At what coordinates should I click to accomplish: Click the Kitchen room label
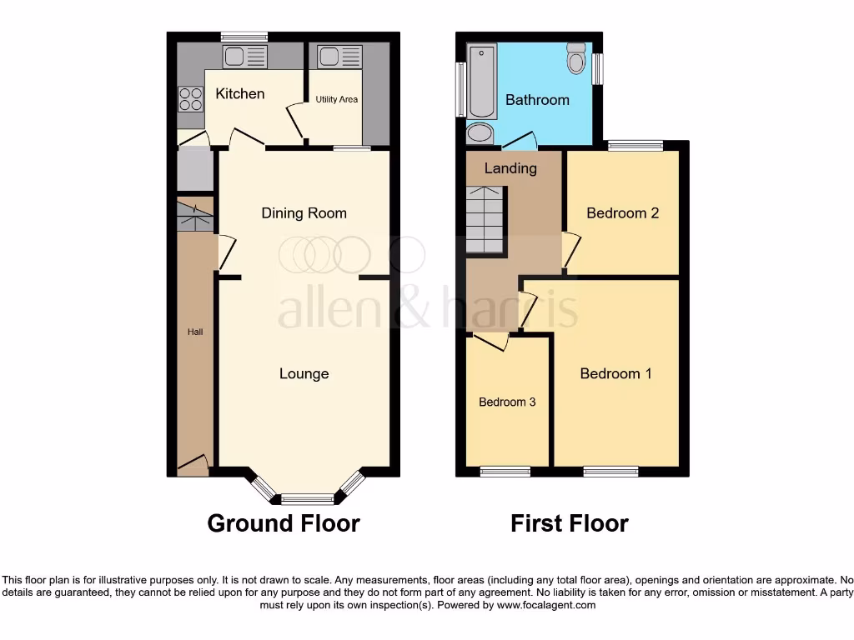tap(240, 93)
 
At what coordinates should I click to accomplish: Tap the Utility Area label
tap(337, 100)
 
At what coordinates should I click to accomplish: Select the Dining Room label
tap(304, 213)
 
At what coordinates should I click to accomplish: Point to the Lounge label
tap(304, 374)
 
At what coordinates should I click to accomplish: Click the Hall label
tap(195, 332)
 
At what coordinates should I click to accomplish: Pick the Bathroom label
tap(537, 100)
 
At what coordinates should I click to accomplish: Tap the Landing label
tap(510, 168)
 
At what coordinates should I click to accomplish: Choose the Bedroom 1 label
tap(615, 373)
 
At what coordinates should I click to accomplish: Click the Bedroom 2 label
tap(622, 213)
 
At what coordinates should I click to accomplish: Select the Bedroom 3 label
tap(507, 402)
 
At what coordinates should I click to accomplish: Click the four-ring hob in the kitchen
tap(190, 99)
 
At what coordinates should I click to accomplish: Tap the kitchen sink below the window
tap(244, 57)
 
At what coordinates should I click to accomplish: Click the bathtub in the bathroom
tap(482, 82)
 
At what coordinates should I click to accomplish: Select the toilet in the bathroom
tap(576, 57)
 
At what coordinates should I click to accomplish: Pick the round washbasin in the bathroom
tap(480, 133)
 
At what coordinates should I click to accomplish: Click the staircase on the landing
tap(485, 220)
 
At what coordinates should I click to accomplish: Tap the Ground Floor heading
tap(284, 523)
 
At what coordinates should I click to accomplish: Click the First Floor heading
tap(570, 523)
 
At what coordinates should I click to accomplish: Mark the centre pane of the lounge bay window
tap(307, 499)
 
